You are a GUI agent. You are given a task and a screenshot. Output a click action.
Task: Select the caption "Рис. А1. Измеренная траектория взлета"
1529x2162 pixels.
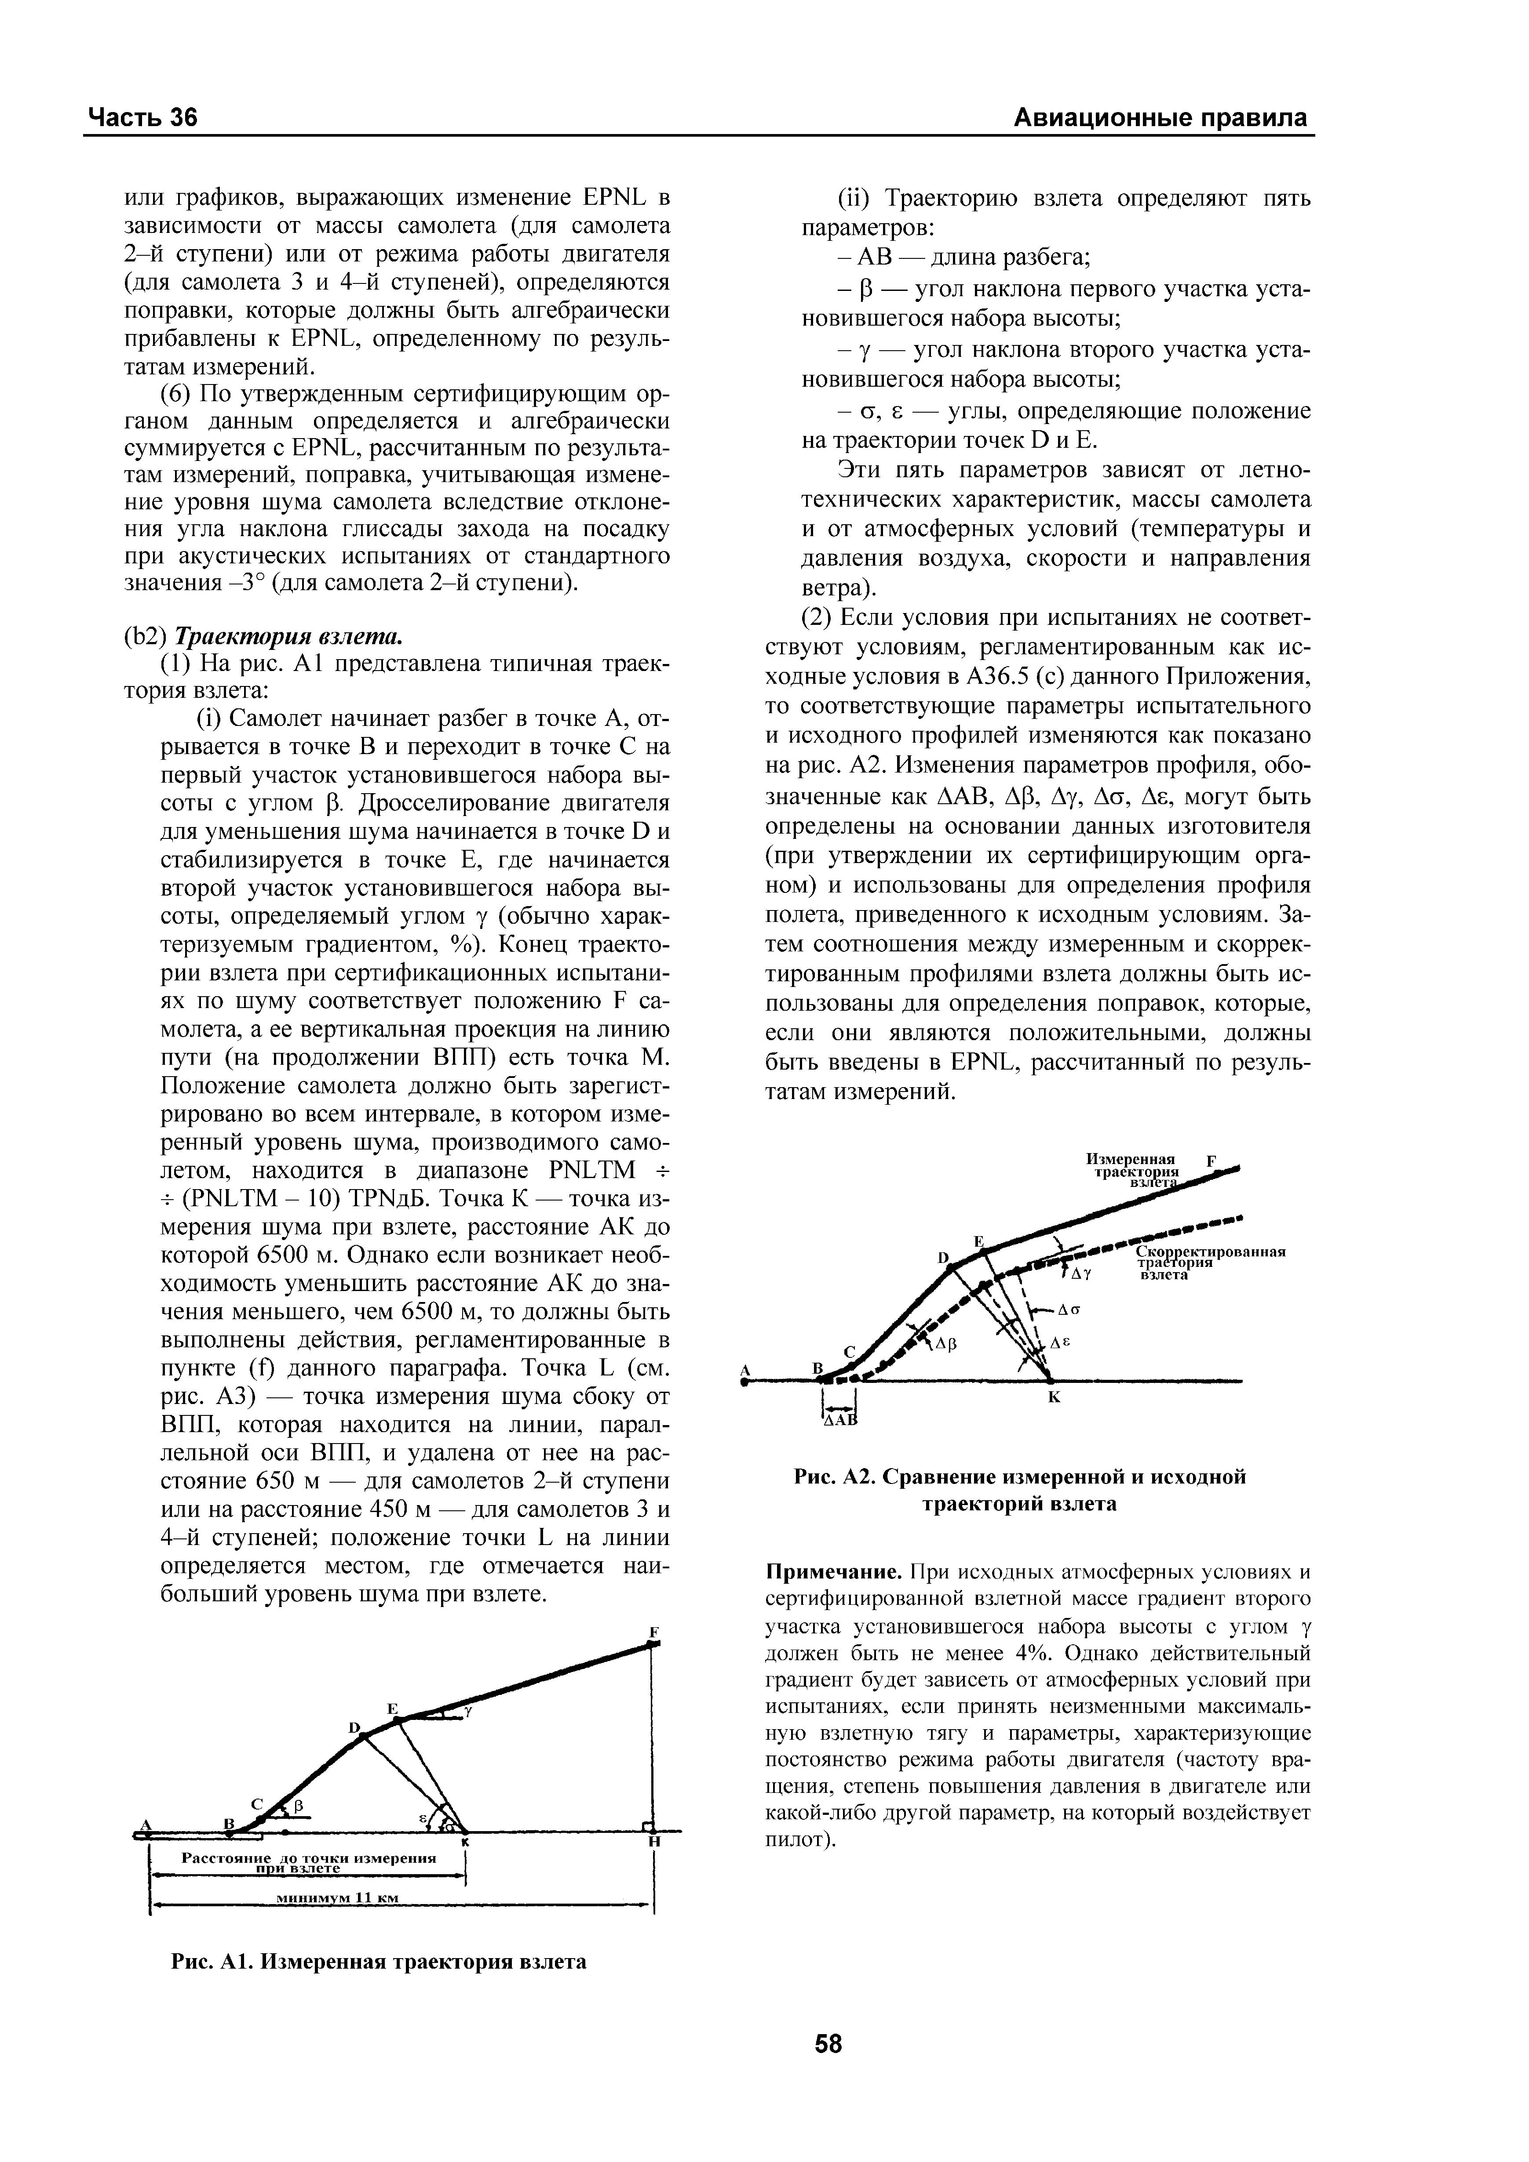pyautogui.click(x=379, y=1960)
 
